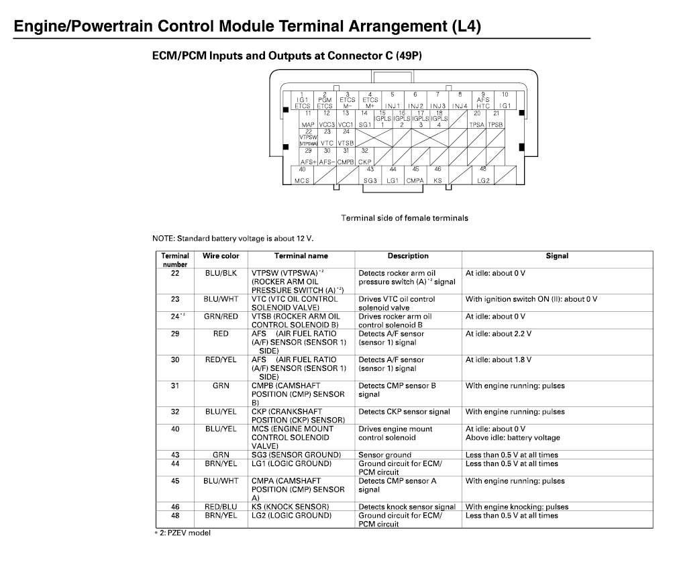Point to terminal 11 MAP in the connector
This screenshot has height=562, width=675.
pyautogui.click(x=308, y=120)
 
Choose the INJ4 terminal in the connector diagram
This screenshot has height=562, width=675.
pyautogui.click(x=460, y=101)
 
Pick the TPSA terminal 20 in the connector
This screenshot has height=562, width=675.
pyautogui.click(x=477, y=120)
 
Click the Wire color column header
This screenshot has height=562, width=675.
pyautogui.click(x=221, y=256)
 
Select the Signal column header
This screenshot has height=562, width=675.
pyautogui.click(x=557, y=256)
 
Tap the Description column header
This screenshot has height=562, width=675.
pyautogui.click(x=407, y=256)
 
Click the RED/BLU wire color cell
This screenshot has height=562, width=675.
pyautogui.click(x=221, y=507)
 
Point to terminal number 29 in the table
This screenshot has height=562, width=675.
pyautogui.click(x=175, y=334)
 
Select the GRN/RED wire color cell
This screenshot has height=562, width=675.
pyautogui.click(x=221, y=317)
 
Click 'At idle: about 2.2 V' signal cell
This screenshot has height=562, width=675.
pyautogui.click(x=498, y=334)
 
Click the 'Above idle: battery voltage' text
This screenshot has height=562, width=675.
pyautogui.click(x=513, y=438)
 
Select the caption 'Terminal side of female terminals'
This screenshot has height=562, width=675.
pyautogui.click(x=405, y=218)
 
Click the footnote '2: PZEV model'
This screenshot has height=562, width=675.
pyautogui.click(x=185, y=533)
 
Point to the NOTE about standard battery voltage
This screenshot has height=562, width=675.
pyautogui.click(x=233, y=238)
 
